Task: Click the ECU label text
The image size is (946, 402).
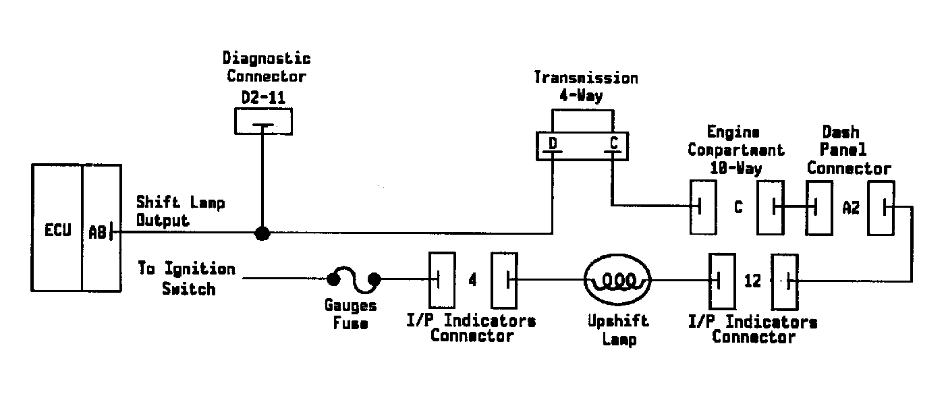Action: click(58, 230)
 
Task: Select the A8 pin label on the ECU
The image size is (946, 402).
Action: click(97, 232)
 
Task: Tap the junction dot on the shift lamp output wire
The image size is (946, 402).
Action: click(262, 233)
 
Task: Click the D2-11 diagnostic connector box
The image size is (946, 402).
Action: click(264, 121)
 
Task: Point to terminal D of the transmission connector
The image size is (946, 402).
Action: click(553, 144)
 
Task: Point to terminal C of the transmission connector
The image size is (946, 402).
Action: click(613, 143)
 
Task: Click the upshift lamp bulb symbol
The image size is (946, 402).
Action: click(617, 280)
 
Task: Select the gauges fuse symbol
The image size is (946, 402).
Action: click(354, 279)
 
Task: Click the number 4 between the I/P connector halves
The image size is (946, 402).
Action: click(472, 279)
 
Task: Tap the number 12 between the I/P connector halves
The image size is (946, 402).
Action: click(752, 281)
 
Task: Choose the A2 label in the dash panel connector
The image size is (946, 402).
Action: click(851, 208)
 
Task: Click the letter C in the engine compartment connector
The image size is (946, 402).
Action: click(738, 207)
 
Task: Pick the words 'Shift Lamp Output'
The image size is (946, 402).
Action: click(180, 211)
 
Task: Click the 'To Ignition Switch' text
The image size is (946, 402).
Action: click(187, 279)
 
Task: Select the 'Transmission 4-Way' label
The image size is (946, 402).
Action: click(586, 86)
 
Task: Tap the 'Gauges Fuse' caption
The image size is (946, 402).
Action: click(350, 314)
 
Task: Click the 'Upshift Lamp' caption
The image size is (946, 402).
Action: click(618, 331)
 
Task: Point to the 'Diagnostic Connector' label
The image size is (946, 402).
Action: click(267, 67)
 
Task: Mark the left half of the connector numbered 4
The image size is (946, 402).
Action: click(442, 280)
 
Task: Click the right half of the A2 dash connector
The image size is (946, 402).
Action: click(881, 208)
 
